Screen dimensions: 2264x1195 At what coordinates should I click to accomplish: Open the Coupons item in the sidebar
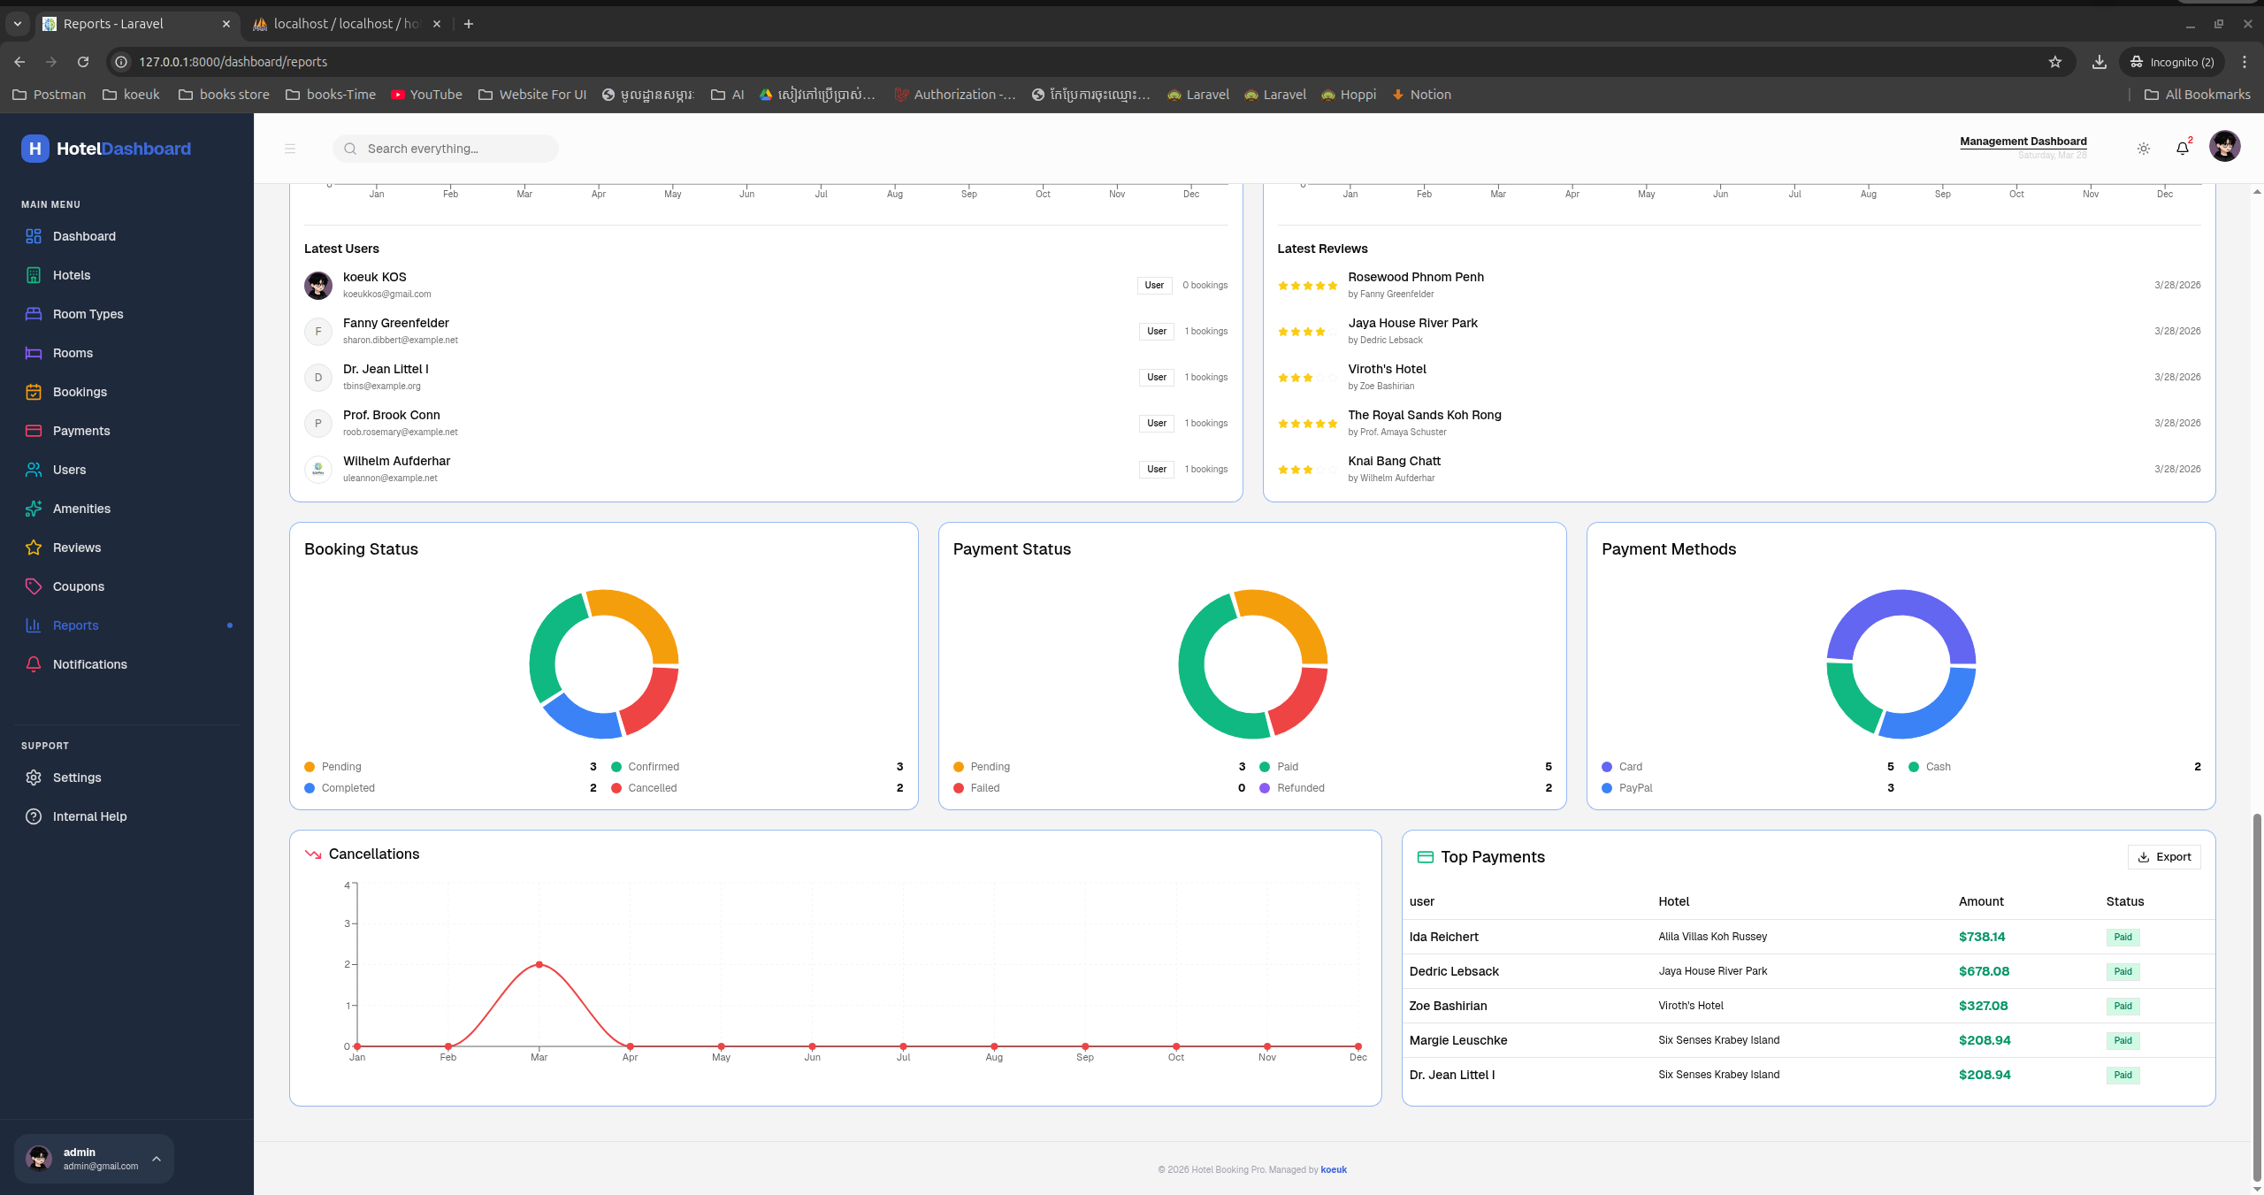pyautogui.click(x=78, y=586)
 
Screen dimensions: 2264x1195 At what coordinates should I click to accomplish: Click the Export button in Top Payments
pyautogui.click(x=2164, y=856)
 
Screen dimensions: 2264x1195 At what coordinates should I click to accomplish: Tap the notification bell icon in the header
pyautogui.click(x=2183, y=148)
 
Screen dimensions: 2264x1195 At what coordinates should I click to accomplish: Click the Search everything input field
pyautogui.click(x=446, y=149)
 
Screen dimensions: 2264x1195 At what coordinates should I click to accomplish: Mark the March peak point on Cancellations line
pyautogui.click(x=539, y=964)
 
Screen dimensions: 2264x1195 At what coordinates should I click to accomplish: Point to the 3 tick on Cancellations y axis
pyautogui.click(x=348, y=923)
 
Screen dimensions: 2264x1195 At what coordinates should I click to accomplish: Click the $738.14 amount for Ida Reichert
pyautogui.click(x=1982, y=937)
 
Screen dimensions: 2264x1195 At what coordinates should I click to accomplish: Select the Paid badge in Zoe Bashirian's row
pyautogui.click(x=2122, y=1006)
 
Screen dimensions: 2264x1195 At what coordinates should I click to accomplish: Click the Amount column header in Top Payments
pyautogui.click(x=1981, y=901)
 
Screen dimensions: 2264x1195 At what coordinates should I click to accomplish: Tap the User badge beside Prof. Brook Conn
pyautogui.click(x=1157, y=423)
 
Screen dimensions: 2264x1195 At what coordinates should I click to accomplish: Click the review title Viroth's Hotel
pyautogui.click(x=1387, y=369)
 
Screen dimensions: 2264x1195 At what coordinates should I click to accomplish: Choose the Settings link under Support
pyautogui.click(x=76, y=778)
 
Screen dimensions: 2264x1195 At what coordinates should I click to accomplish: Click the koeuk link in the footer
pyautogui.click(x=1334, y=1169)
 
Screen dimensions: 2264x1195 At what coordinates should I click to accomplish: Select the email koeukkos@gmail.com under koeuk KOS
pyautogui.click(x=387, y=294)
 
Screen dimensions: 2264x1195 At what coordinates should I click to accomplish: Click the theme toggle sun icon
pyautogui.click(x=2144, y=149)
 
